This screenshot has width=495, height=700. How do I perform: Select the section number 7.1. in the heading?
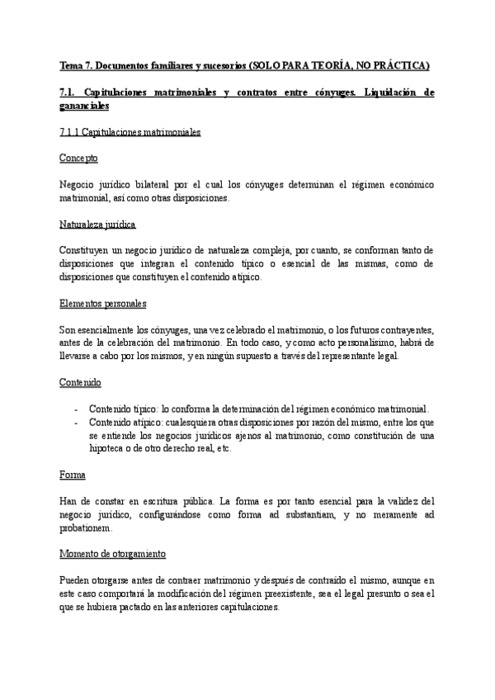tap(72, 93)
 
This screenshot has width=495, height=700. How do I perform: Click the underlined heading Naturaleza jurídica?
tap(98, 225)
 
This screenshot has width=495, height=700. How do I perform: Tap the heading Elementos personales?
tap(103, 304)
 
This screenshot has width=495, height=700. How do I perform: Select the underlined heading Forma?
tap(72, 475)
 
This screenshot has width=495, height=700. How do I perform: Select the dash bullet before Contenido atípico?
tap(76, 423)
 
